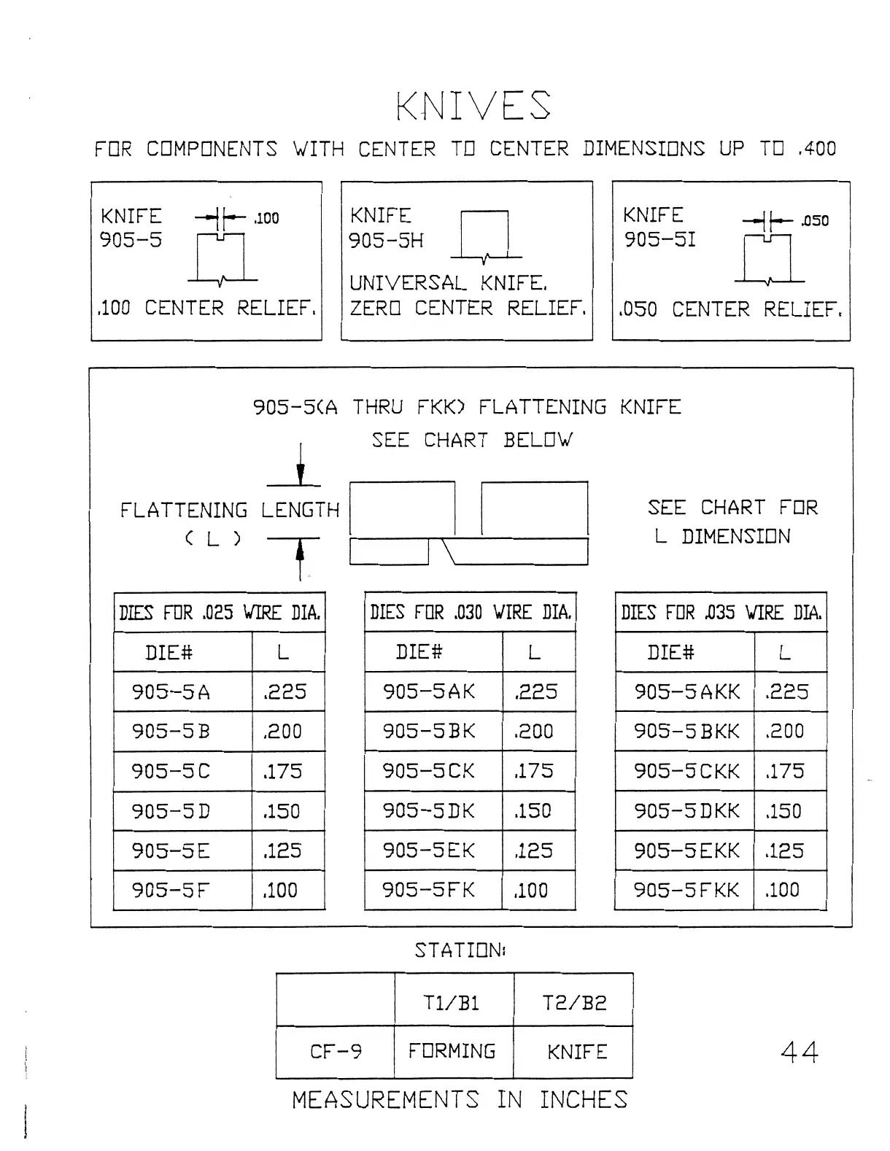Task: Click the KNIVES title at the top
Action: [x=473, y=106]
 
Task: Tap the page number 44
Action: [x=799, y=1051]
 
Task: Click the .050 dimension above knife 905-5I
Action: [x=814, y=221]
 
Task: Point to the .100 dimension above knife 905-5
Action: [x=266, y=218]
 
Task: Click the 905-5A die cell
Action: [x=171, y=691]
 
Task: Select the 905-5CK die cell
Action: [x=428, y=771]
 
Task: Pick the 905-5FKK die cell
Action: [x=686, y=890]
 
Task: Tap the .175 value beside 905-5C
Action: [x=283, y=771]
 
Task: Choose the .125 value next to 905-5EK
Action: [x=535, y=850]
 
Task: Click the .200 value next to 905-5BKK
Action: [x=785, y=731]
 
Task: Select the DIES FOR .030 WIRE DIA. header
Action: [x=471, y=612]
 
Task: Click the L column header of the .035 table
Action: [x=785, y=652]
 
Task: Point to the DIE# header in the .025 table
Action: [x=169, y=652]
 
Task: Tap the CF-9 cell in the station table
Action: [x=336, y=1052]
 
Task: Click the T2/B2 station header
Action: [x=574, y=1003]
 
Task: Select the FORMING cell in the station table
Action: [x=452, y=1052]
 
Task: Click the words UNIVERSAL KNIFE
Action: [x=448, y=283]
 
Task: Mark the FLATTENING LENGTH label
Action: [x=230, y=511]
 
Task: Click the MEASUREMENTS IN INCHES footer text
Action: [x=460, y=1100]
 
